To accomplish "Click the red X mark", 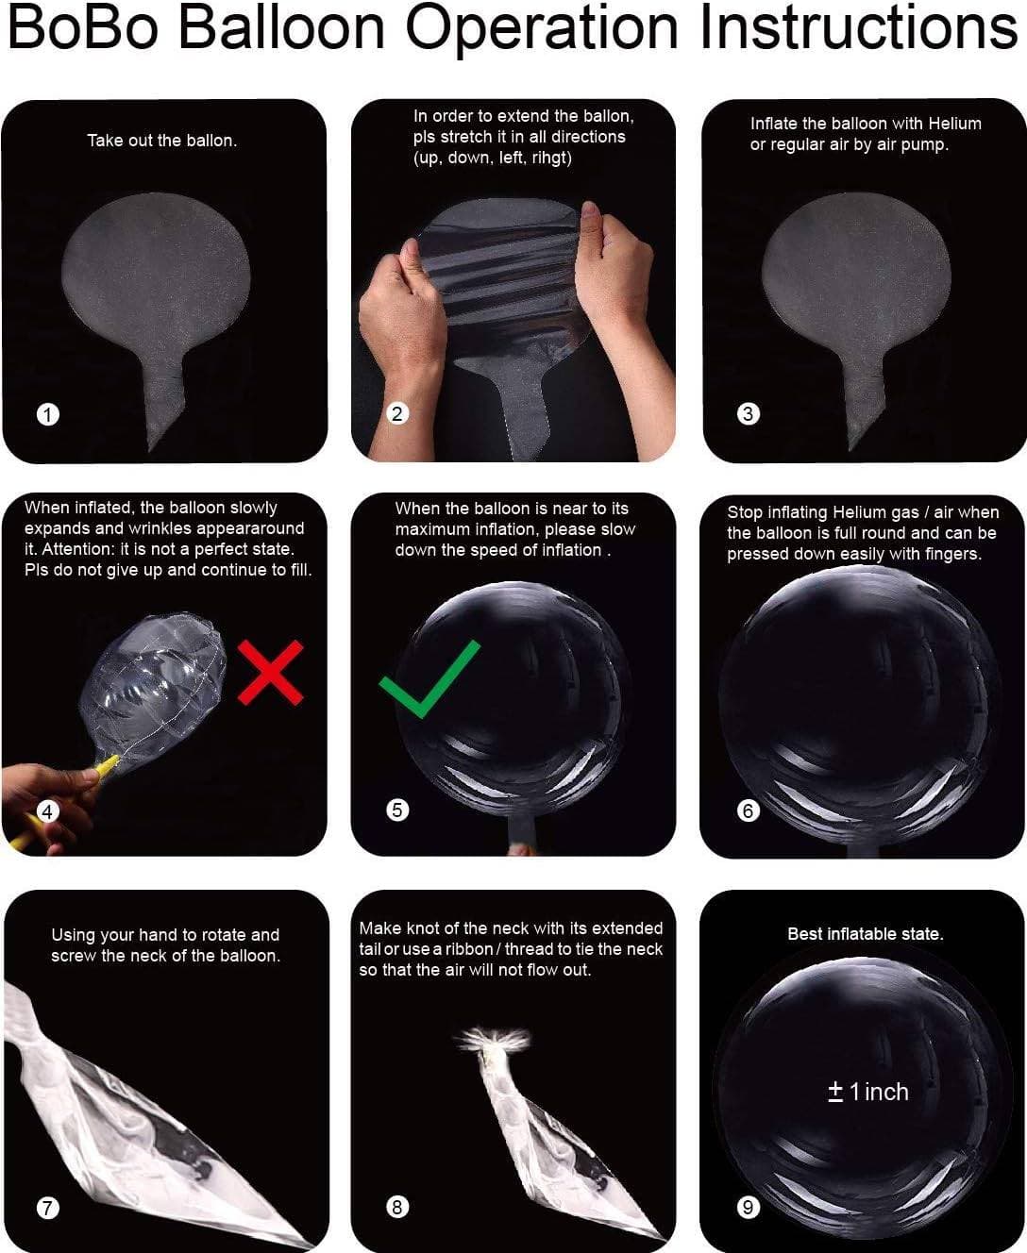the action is [271, 673].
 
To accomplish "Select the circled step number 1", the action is [48, 414].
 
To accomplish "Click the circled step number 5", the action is [397, 810].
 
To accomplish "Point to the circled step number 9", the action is [748, 1207].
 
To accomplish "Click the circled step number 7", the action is [48, 1207].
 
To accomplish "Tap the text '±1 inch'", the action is [867, 1092].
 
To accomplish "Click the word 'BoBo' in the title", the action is [83, 28].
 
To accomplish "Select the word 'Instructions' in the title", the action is [859, 28].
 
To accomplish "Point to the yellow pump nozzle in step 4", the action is [105, 767].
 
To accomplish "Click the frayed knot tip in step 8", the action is [492, 1040].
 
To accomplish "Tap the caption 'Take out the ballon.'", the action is [161, 141].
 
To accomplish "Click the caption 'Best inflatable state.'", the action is [866, 934].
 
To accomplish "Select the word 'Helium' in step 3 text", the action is [954, 124].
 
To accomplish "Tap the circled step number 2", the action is [397, 413].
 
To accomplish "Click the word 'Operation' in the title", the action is [542, 29].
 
